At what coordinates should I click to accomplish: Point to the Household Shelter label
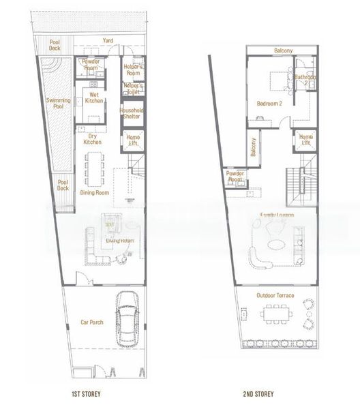coord(132,113)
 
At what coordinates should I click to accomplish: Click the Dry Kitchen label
coord(93,138)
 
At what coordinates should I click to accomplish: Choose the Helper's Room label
coord(134,70)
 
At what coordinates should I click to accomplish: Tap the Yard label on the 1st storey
coord(108,41)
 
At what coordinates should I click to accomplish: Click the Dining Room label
coord(95,193)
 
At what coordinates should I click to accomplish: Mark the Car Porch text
coord(91,322)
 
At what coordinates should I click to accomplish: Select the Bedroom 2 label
coord(269,104)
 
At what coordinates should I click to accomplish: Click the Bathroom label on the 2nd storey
coord(305,78)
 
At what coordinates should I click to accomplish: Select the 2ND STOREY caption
coord(260,394)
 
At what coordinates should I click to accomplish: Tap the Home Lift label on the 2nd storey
coord(306,140)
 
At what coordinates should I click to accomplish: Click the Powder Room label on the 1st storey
coord(91,65)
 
